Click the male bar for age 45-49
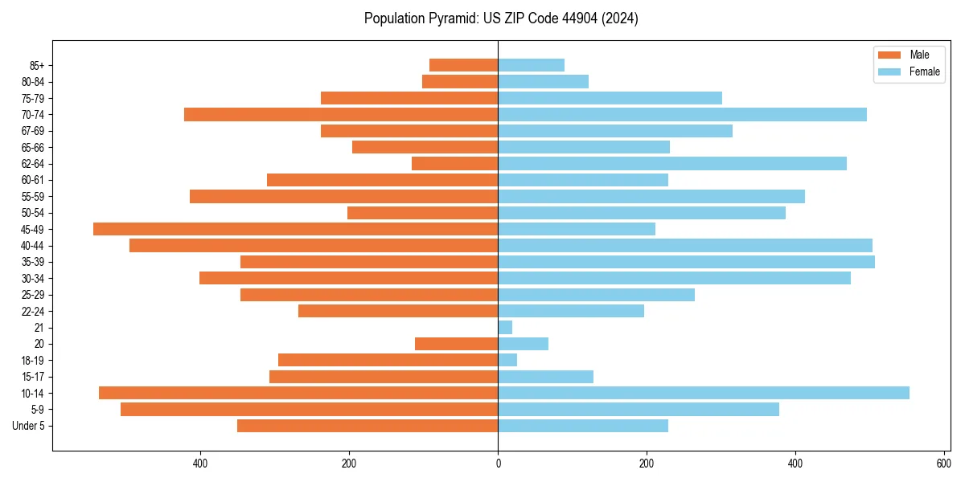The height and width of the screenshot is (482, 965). pos(295,229)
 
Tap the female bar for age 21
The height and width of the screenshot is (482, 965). pos(505,327)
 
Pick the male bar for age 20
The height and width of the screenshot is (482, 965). pos(456,344)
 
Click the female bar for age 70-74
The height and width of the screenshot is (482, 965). pos(682,114)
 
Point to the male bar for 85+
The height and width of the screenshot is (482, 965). pos(463,65)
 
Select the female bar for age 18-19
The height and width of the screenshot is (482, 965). pos(507,360)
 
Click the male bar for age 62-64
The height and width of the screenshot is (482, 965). pos(454,163)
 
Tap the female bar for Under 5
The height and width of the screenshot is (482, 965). pos(583,426)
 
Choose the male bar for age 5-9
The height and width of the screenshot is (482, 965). pos(309,409)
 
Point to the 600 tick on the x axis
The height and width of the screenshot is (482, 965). pos(944,464)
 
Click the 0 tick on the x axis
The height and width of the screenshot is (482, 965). pos(498,464)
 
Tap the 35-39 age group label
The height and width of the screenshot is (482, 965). pos(33,262)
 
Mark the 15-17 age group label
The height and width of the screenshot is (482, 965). pos(33,377)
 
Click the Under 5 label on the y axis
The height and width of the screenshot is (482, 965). pos(29,426)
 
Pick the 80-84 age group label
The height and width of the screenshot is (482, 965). pos(33,81)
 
